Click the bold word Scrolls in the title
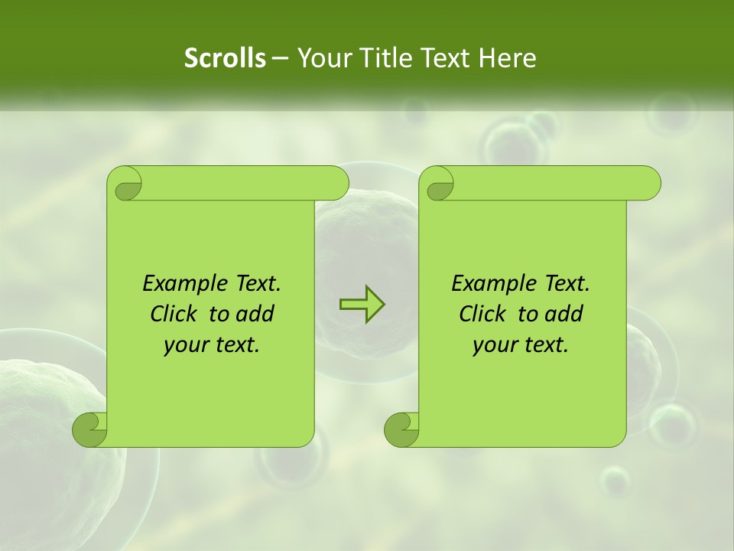(225, 58)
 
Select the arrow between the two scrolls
(362, 305)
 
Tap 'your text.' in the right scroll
(521, 344)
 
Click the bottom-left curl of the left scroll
(89, 429)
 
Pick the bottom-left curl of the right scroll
(401, 429)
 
